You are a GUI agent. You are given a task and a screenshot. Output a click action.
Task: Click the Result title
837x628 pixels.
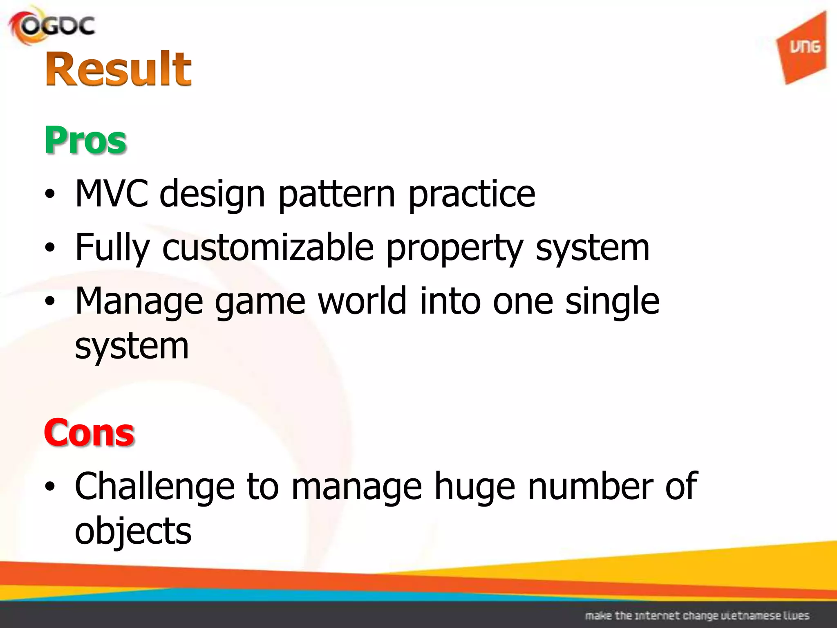pos(118,69)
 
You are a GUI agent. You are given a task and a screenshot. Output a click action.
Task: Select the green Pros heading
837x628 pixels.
pos(85,140)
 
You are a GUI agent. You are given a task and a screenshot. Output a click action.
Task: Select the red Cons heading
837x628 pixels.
pos(89,433)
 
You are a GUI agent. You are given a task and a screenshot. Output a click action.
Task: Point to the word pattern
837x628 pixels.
pos(336,195)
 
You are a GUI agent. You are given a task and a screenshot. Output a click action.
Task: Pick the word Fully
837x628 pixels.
pos(112,249)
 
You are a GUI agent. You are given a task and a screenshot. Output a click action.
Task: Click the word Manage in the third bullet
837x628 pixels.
pos(139,302)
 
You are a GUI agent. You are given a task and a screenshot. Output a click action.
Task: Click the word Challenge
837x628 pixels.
pos(154,487)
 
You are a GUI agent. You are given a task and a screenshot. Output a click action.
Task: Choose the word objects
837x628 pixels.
pos(133,532)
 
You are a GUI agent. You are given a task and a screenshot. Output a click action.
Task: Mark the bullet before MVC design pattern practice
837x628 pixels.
pos(50,194)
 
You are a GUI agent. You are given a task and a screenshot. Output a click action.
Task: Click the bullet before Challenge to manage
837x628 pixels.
pos(50,487)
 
